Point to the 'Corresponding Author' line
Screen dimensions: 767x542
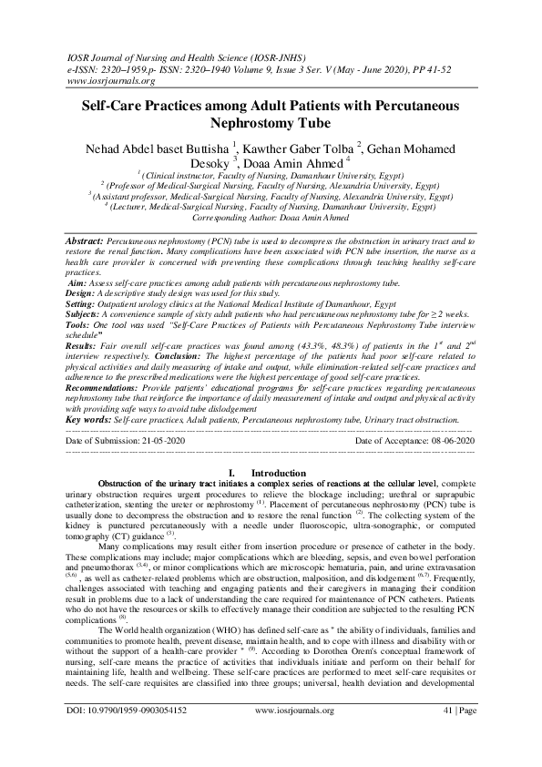pyautogui.click(x=271, y=219)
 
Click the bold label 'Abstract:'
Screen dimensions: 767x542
pyautogui.click(x=87, y=237)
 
